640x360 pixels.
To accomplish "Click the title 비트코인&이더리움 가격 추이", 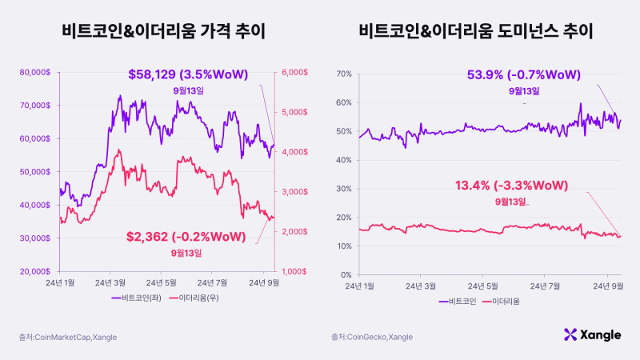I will pos(163,32).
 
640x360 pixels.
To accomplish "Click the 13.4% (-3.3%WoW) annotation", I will pos(511,186).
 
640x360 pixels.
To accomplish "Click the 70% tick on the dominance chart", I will pos(342,74).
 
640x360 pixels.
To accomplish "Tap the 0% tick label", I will pos(345,275).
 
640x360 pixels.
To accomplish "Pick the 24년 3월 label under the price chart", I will pos(110,283).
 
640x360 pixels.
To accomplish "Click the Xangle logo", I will pos(592,335).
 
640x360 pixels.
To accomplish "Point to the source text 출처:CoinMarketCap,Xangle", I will pos(69,337).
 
